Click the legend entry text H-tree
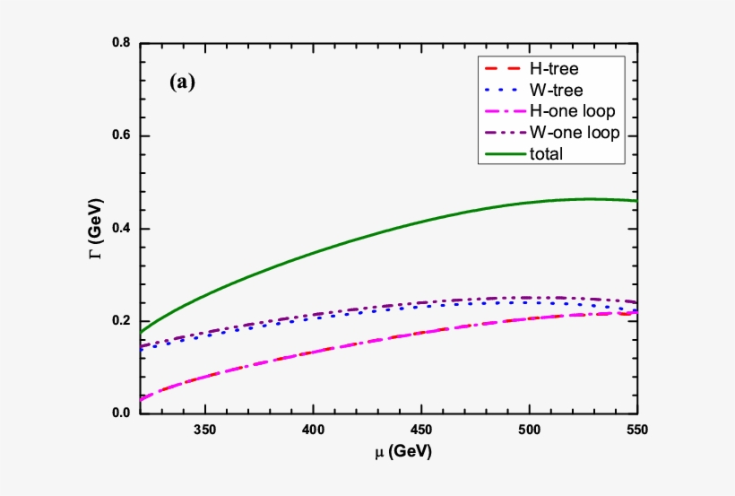click(558, 68)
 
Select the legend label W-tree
click(558, 90)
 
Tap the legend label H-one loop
click(573, 111)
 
